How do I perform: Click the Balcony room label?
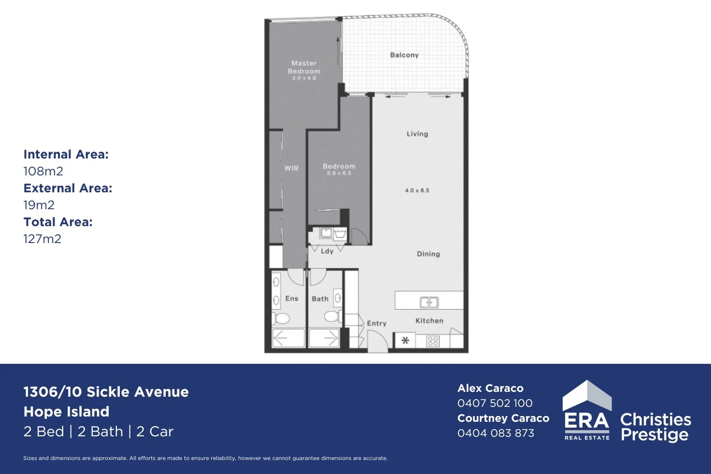coord(404,55)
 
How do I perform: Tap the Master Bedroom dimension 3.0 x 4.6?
coord(304,78)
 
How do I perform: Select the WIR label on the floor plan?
coord(291,168)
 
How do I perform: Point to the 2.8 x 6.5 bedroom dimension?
coord(339,173)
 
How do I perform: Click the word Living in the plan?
coord(417,134)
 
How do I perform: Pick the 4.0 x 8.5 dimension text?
coord(417,190)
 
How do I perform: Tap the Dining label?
coord(428,254)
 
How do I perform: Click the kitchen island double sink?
coord(429,302)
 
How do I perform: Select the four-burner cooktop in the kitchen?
coord(433,341)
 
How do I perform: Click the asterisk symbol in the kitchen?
coord(405,341)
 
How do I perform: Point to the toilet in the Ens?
coord(281,318)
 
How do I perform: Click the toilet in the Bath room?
coord(333,316)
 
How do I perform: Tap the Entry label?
coord(377,324)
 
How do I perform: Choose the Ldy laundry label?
coord(327,251)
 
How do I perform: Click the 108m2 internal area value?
coord(43,172)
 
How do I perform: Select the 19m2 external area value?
coord(39,205)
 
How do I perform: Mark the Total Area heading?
coord(58,222)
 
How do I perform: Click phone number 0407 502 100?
coord(495,403)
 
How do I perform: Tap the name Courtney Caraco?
coord(503,418)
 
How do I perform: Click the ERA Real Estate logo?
coord(587,410)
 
